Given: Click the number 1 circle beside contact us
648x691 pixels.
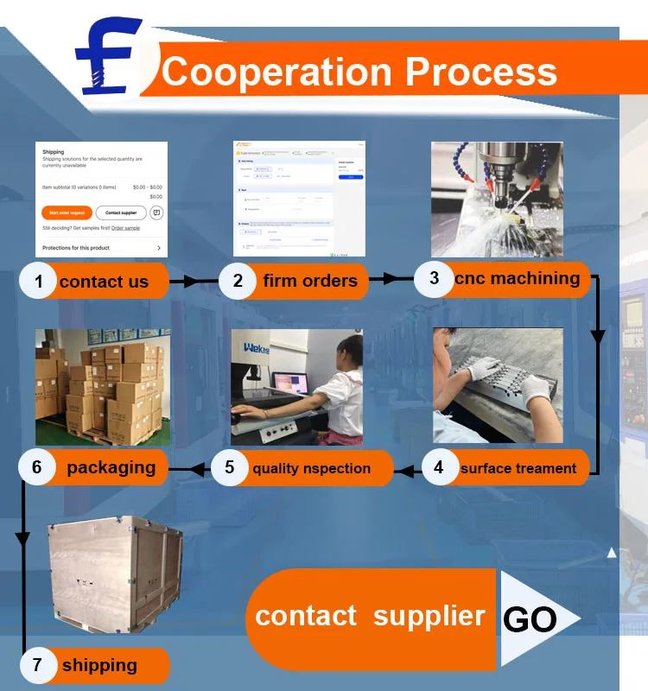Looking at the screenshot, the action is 38,281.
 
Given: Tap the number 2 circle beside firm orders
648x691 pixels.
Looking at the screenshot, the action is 238,280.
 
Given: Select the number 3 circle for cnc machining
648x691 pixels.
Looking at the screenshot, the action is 435,277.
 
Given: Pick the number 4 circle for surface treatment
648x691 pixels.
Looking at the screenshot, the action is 439,467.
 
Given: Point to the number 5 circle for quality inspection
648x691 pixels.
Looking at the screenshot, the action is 230,467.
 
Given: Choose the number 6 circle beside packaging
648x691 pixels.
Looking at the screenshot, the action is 37,467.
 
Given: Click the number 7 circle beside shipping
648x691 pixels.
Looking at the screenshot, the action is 37,665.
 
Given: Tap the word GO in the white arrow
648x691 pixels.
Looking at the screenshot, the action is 529,619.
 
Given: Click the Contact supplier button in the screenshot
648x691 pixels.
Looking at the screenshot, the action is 121,212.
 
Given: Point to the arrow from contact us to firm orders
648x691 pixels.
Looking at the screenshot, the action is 194,281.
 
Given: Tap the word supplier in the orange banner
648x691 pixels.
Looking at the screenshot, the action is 429,616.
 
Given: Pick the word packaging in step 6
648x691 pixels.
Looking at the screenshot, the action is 111,467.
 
